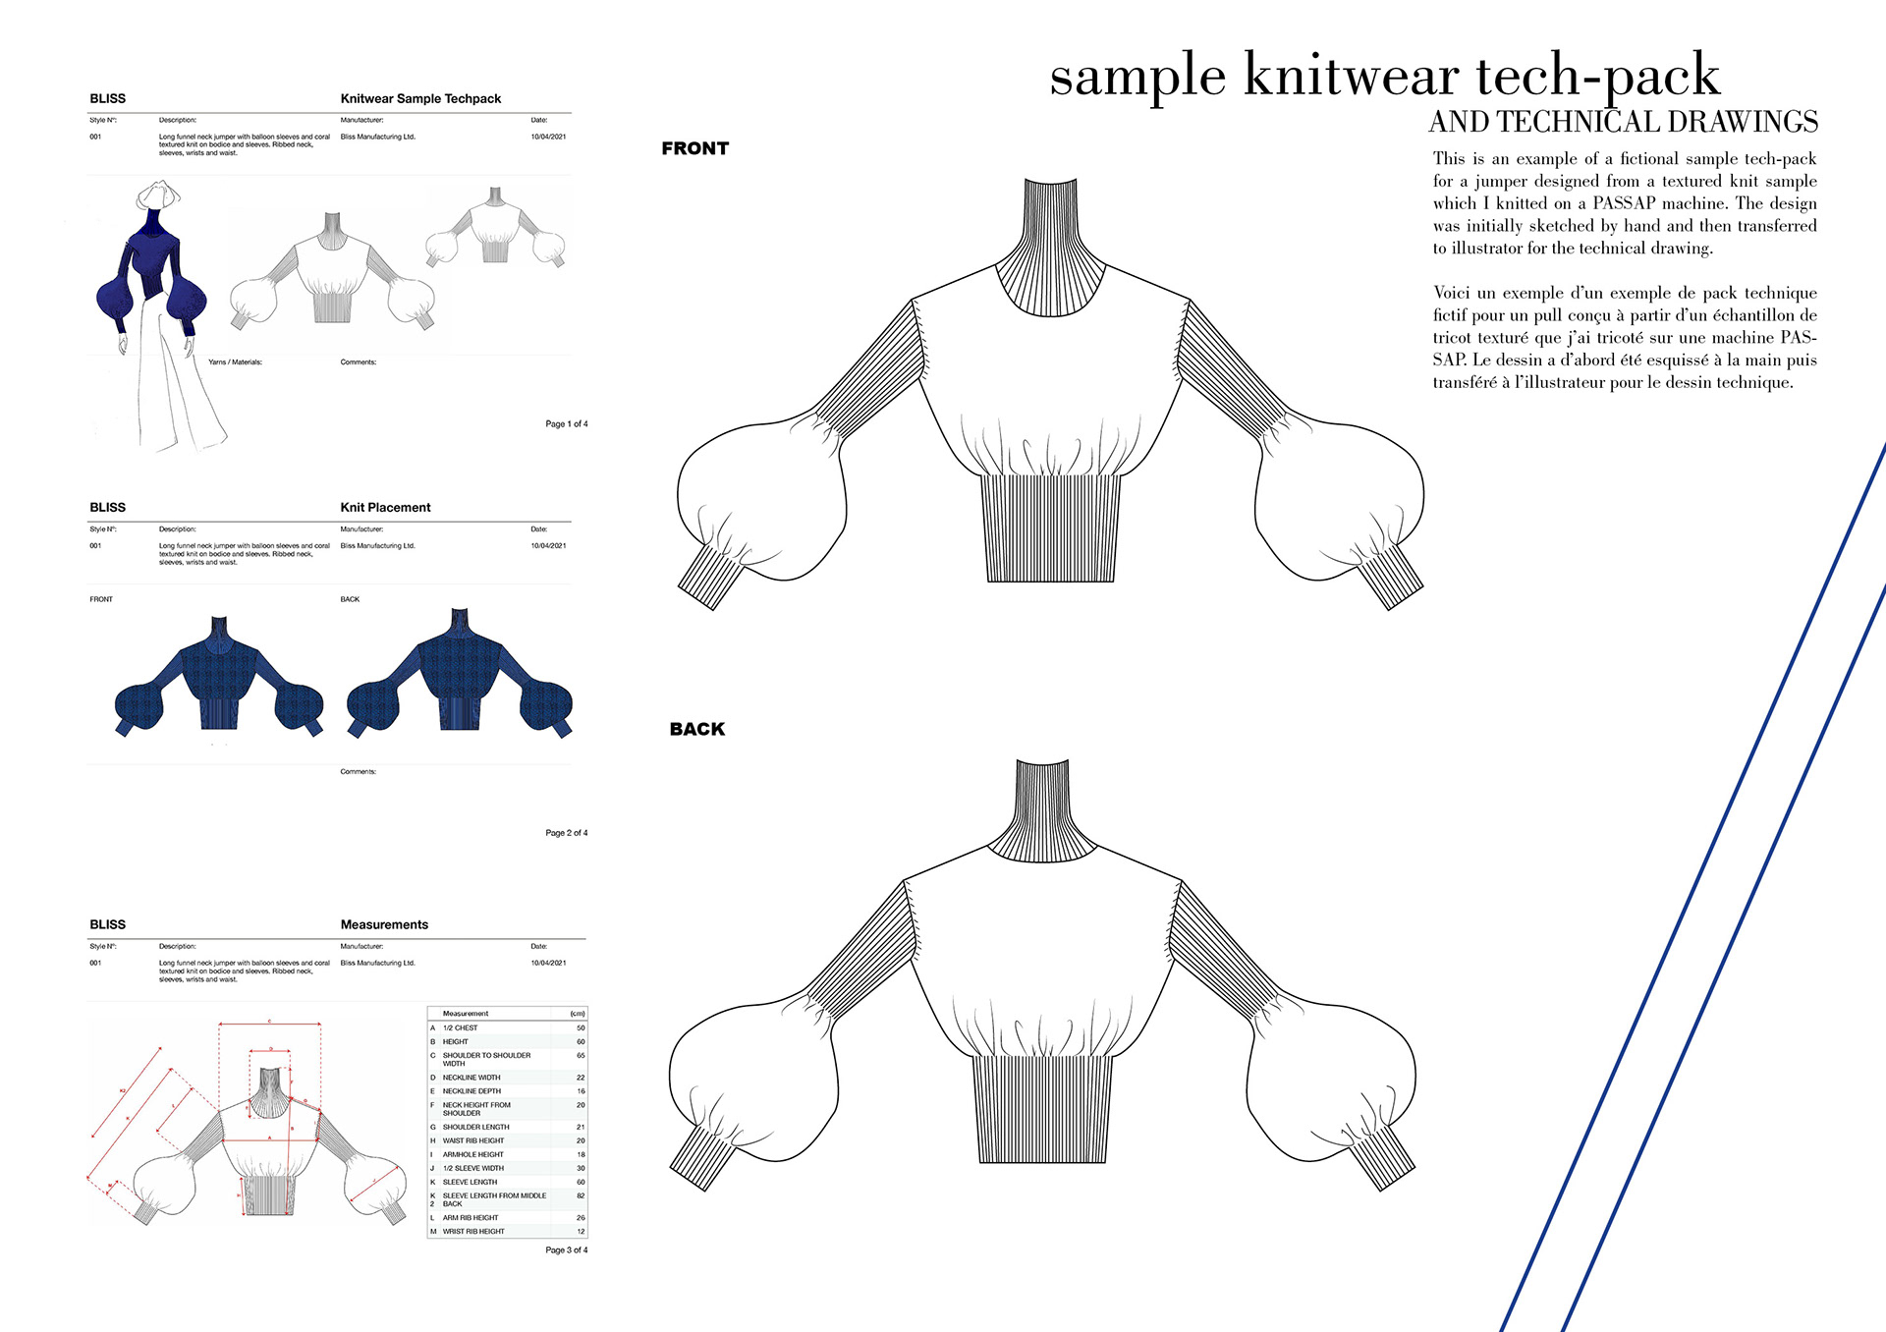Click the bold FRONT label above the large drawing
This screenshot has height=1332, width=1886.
694,148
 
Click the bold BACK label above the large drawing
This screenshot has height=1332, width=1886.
696,729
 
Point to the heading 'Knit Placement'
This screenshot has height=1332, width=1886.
385,508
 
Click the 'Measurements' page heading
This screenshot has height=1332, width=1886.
384,924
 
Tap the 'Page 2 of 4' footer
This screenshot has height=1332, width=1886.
566,833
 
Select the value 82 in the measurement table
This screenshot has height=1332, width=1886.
581,1195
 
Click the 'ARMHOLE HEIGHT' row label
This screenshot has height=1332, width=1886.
472,1154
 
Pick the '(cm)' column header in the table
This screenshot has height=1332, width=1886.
577,1013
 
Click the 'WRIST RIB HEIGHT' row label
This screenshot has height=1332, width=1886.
473,1231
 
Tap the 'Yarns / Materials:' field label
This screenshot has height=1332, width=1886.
235,362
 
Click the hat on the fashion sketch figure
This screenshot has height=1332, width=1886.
158,193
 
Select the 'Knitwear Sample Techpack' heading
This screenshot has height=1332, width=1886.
420,98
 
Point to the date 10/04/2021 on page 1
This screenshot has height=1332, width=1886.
548,137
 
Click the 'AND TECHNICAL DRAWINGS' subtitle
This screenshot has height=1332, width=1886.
1623,122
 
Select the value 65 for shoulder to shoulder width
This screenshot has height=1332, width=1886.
581,1055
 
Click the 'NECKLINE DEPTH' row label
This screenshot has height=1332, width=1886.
471,1091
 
